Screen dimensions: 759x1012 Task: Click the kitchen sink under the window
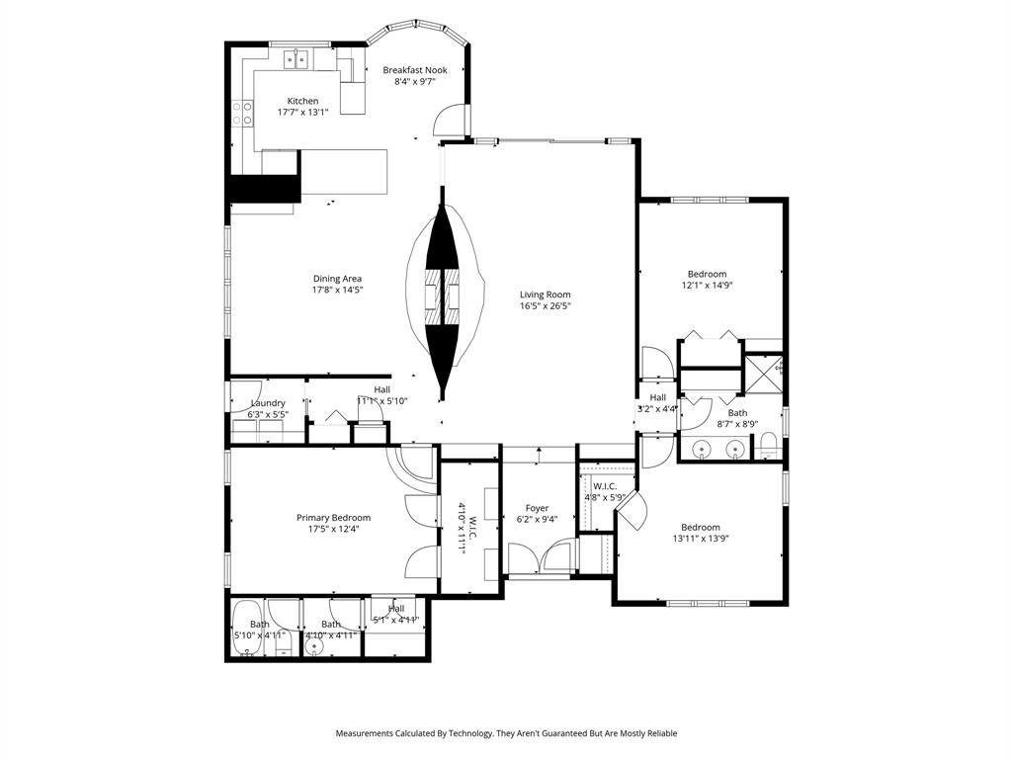(295, 59)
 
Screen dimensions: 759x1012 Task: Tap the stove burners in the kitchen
(240, 114)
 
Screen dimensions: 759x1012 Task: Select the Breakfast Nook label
(415, 70)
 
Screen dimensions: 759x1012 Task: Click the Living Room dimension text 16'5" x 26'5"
(546, 306)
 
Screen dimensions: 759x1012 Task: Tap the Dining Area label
(338, 279)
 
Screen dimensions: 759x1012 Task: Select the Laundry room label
(268, 403)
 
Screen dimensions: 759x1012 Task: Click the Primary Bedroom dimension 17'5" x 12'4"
(333, 529)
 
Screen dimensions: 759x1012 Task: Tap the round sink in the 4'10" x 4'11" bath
(315, 647)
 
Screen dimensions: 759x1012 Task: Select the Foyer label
(537, 508)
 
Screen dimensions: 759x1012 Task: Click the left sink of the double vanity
(702, 450)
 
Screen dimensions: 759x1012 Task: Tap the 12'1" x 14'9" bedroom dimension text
(707, 286)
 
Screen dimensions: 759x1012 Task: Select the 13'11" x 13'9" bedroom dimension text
(700, 539)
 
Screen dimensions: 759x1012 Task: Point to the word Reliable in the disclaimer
(659, 733)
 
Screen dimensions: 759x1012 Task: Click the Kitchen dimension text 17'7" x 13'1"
(302, 113)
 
